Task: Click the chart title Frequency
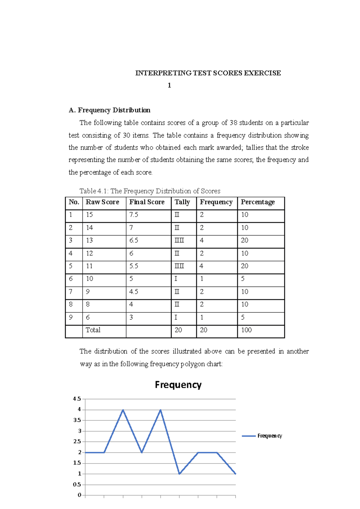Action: [178, 385]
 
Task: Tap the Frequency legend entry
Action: [269, 436]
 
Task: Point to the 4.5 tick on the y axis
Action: [77, 399]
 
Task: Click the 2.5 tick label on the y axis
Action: [77, 442]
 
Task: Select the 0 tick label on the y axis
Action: [79, 495]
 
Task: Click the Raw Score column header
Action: [102, 202]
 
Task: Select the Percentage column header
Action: [258, 202]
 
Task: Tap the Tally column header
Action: [182, 202]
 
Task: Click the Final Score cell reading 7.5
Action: [134, 215]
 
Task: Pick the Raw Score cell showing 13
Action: [89, 240]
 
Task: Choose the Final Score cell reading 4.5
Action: [134, 292]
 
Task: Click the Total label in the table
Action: [93, 330]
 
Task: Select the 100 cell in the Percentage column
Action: [246, 330]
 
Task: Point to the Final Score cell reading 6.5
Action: [134, 240]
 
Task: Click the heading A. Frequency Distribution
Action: [109, 110]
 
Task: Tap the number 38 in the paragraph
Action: [233, 123]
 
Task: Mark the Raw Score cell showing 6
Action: [88, 317]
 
